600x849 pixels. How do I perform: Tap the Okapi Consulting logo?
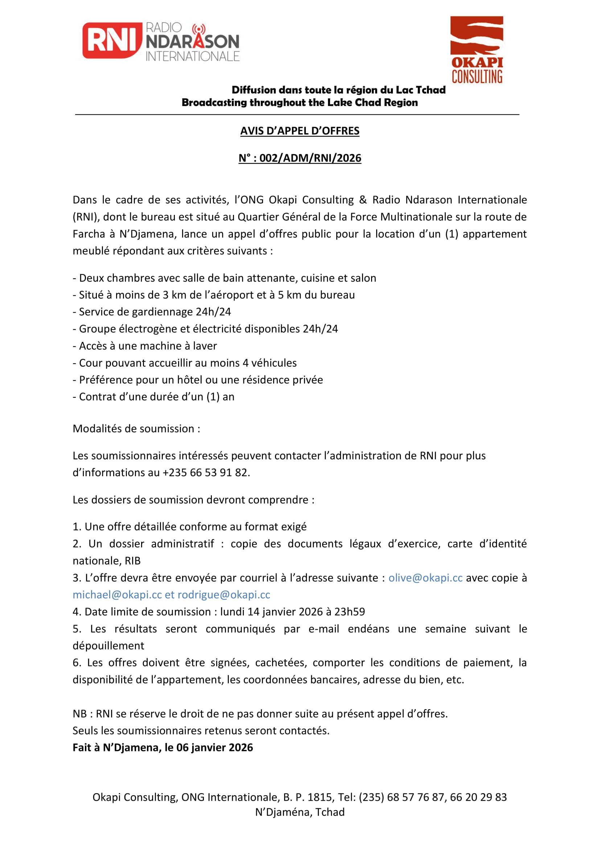477,50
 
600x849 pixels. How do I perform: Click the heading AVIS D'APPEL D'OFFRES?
300,131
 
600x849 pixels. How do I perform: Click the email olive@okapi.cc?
425,577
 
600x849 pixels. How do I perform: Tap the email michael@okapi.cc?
117,595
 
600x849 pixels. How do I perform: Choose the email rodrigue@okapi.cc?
224,595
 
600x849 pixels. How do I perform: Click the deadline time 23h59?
349,612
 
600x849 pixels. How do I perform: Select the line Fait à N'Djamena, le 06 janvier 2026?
163,747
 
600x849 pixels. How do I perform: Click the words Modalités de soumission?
136,429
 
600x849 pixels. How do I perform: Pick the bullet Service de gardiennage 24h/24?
152,312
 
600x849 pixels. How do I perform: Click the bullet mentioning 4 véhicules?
185,363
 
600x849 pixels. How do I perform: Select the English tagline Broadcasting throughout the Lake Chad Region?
300,102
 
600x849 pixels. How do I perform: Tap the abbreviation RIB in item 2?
133,561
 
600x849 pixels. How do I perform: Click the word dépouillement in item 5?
108,646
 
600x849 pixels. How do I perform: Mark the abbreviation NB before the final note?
79,714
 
